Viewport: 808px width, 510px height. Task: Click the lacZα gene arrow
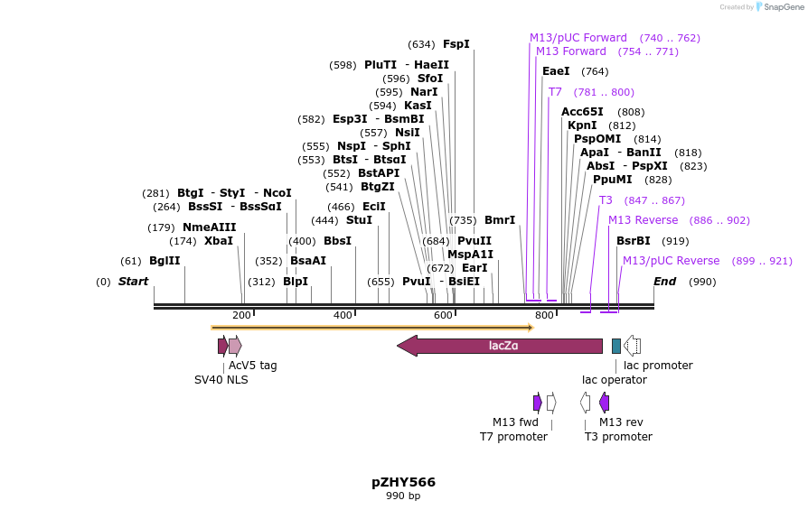502,346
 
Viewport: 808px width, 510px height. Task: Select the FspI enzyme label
456,44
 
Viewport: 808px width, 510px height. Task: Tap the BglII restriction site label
164,261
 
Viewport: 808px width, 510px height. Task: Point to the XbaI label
218,241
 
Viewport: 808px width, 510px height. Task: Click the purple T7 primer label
555,92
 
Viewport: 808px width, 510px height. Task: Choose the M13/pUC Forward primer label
578,38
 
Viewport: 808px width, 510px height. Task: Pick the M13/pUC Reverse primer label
671,261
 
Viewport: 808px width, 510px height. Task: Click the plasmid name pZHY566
403,482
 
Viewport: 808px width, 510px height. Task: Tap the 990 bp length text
403,496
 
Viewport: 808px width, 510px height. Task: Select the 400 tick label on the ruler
343,315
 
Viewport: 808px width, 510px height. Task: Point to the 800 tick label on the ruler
544,315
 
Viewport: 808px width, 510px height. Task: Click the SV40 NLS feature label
221,380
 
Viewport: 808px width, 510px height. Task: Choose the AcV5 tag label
252,366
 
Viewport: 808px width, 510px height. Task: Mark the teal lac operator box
616,346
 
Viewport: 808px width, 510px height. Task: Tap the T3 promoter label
618,437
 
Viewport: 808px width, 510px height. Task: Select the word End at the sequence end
665,282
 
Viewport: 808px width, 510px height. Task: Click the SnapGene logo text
783,7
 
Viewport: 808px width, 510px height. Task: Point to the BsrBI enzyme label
633,241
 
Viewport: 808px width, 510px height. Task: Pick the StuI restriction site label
359,220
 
